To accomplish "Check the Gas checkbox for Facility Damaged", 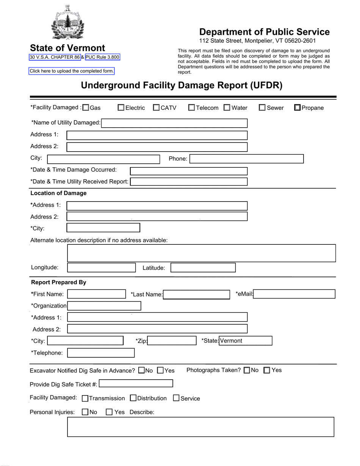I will pos(86,108).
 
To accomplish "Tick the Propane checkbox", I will pos(297,108).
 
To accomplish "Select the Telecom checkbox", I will pos(192,108).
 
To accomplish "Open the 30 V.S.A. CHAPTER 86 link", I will pos(55,57).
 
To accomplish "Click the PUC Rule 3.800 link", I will pos(102,57).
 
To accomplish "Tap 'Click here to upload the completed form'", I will pos(72,71).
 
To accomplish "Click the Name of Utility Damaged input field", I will pos(175,123).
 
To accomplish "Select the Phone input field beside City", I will pos(246,159).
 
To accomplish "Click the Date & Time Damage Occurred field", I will pos(188,171).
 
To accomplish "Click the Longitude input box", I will pos(101,267).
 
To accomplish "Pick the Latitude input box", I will pos(203,268).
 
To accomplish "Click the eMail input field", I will pos(294,294).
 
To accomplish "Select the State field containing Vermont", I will pos(246,341).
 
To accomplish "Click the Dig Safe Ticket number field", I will pos(136,383).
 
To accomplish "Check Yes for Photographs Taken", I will pos(267,370).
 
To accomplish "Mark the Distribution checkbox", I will pos(133,398).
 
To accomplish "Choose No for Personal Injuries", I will pos(85,412).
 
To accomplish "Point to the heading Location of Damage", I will pos(58,193).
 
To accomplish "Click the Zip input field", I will pos(172,341).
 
